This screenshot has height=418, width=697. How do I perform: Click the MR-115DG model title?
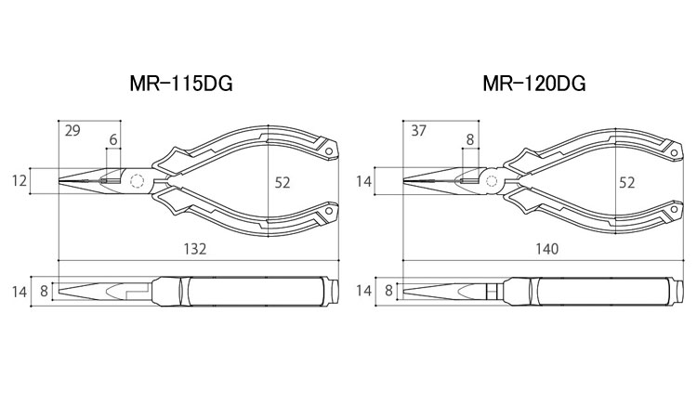pyautogui.click(x=181, y=83)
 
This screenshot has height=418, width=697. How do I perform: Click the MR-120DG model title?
pyautogui.click(x=534, y=83)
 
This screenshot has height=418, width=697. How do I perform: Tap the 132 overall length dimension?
pyautogui.click(x=195, y=249)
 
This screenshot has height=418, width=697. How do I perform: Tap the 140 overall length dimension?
pyautogui.click(x=546, y=249)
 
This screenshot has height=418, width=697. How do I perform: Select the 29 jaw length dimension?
pyautogui.click(x=72, y=131)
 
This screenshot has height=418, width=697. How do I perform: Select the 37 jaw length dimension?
pyautogui.click(x=418, y=131)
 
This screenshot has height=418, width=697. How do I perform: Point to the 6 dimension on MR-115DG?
pyautogui.click(x=113, y=140)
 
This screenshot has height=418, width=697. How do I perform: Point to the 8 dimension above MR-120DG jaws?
pyautogui.click(x=470, y=140)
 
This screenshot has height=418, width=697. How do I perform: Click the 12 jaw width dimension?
pyautogui.click(x=20, y=181)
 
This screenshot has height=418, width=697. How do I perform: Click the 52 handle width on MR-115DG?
pyautogui.click(x=283, y=183)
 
